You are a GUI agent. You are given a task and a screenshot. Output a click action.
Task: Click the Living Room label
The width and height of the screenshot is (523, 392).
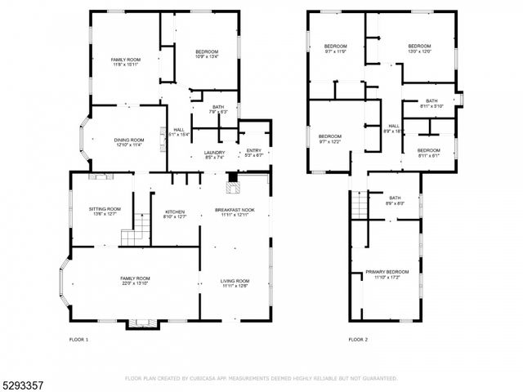[x=235, y=283]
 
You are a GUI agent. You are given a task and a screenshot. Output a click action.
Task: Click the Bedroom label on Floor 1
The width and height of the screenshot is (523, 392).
[x=207, y=54]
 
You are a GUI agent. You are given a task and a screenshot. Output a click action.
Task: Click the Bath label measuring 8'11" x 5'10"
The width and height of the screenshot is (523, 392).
[x=431, y=103]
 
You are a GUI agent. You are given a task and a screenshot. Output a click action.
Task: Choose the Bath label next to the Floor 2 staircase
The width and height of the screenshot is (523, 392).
[x=395, y=200]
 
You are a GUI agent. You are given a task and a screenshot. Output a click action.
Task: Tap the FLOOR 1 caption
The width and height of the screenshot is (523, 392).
[x=78, y=339]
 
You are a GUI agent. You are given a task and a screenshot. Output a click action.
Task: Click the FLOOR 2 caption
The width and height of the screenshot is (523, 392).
[x=358, y=339]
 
